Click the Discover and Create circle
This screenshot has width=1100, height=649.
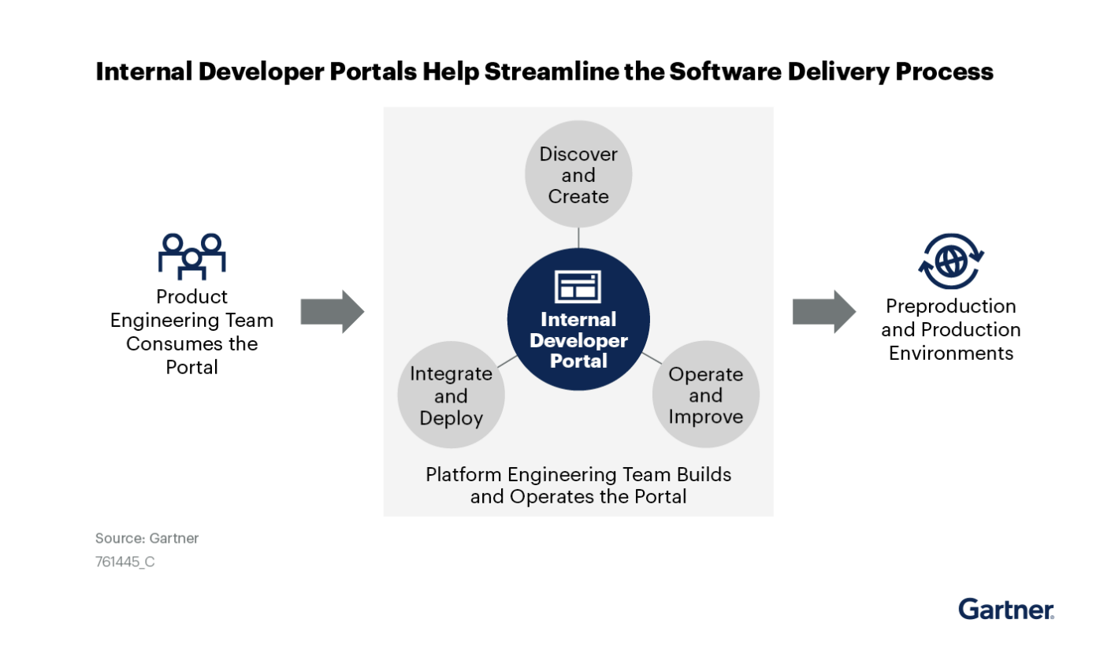click(x=578, y=175)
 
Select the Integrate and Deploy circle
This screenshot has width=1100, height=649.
click(x=451, y=396)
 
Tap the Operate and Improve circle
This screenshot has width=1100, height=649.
click(x=705, y=395)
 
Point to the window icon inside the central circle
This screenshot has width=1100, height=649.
click(x=578, y=287)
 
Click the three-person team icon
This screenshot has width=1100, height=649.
click(x=192, y=256)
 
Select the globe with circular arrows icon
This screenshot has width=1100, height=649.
click(x=951, y=261)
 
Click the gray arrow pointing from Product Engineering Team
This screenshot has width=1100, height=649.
click(x=332, y=311)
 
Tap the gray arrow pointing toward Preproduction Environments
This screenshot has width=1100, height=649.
click(x=823, y=311)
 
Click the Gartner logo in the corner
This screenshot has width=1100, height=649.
click(x=1006, y=609)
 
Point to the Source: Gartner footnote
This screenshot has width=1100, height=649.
click(x=147, y=539)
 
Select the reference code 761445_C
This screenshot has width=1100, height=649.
click(x=124, y=562)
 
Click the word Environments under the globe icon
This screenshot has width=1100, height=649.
click(x=950, y=353)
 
